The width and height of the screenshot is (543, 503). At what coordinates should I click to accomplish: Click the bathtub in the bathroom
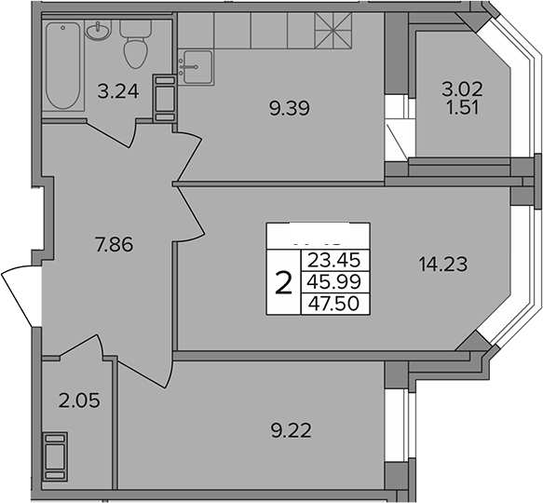63,65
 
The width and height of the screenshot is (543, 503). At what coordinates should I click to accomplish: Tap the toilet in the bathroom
135,44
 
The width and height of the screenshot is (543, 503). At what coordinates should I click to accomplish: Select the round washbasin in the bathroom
99,31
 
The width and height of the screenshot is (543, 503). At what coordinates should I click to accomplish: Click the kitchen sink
197,67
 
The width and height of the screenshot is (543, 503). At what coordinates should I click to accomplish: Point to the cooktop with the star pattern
333,31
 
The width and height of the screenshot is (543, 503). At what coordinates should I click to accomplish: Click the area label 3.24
118,92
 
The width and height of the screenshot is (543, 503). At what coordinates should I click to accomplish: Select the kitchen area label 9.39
289,108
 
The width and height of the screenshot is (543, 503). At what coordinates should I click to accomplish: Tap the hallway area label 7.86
114,245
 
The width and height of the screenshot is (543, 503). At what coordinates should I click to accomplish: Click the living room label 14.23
443,265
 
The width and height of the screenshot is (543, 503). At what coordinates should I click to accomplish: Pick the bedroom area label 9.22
292,431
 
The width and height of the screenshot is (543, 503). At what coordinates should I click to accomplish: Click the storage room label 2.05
79,401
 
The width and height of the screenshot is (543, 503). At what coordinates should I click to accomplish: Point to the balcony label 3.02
462,89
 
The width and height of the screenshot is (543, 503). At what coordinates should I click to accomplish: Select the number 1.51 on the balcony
462,108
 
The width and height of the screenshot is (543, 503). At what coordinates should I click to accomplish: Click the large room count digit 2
283,282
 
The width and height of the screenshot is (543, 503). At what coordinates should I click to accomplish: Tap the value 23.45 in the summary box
334,260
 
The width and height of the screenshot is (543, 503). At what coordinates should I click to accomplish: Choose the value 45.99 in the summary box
334,282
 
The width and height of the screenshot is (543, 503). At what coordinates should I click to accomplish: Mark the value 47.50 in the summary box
333,304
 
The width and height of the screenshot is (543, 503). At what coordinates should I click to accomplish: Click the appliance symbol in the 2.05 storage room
55,456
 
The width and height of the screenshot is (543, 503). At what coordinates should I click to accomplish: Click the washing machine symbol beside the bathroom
165,99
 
